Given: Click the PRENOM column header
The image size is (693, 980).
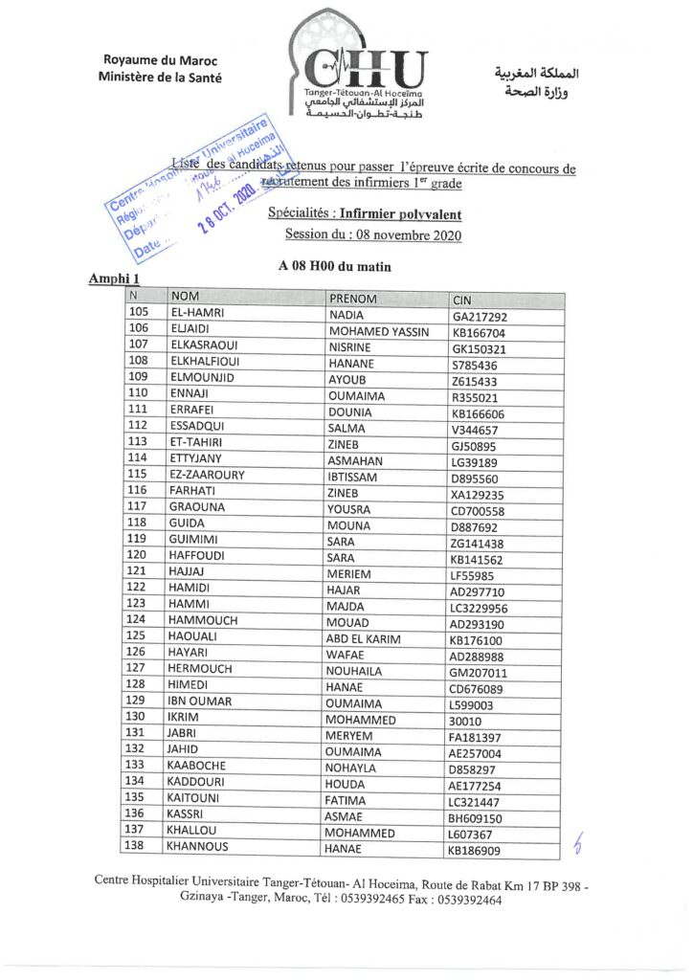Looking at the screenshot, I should click(352, 299).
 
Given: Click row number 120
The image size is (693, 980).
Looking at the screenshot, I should click(137, 554).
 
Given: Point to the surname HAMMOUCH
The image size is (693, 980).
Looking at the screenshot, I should click(203, 619).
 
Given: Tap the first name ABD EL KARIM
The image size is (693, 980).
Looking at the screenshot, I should click(364, 639).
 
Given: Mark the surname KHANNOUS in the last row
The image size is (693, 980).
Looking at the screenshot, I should click(197, 846).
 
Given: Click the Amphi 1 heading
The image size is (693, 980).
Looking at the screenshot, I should click(115, 278).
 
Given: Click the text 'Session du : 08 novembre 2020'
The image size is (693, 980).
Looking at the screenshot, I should click(373, 235).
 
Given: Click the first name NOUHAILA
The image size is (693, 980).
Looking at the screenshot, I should click(355, 672).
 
